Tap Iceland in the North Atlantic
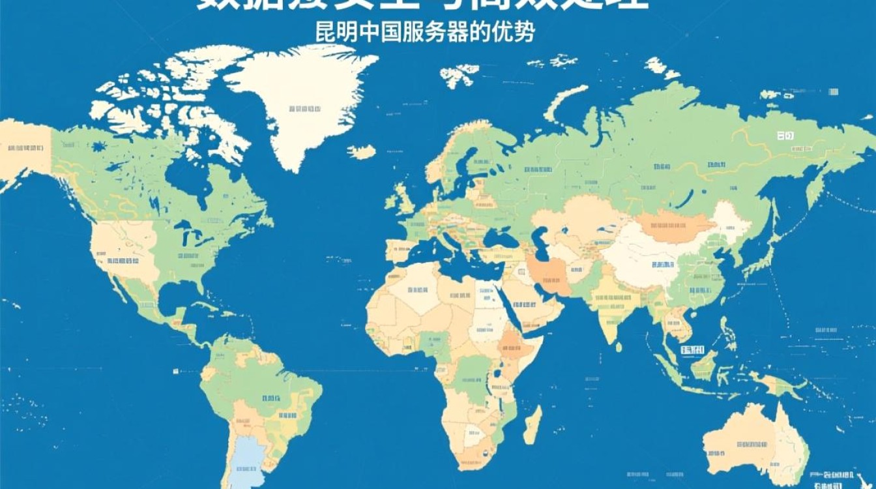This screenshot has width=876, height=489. point(362,152)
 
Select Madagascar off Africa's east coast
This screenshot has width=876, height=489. point(533,424)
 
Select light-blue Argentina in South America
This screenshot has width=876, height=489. point(248,463)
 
